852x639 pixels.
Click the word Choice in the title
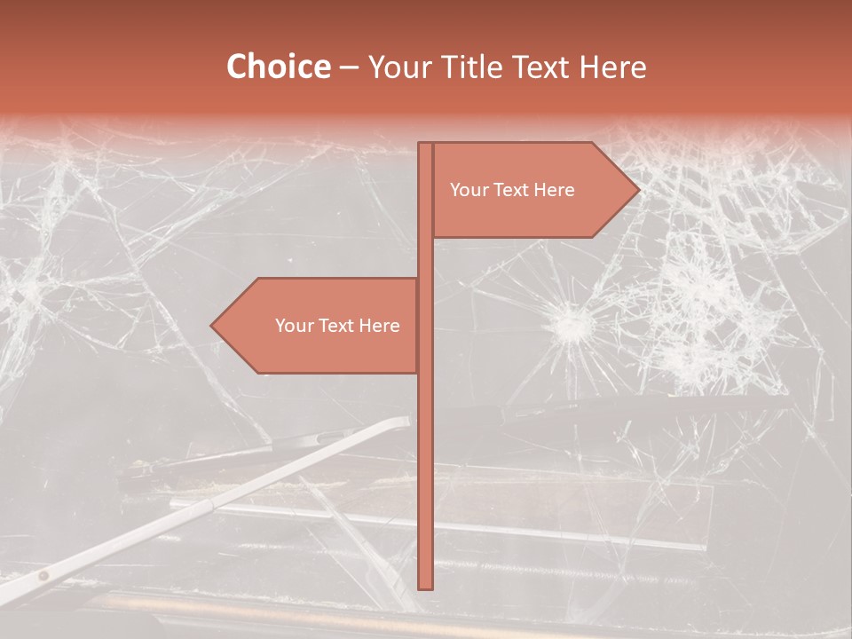pos(278,67)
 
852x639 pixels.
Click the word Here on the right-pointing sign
pos(553,190)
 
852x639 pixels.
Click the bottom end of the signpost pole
pos(425,586)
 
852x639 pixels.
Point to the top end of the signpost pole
pos(425,145)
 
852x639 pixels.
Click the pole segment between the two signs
pos(425,257)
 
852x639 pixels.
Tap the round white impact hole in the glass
pos(571,325)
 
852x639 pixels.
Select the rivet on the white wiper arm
pos(42,576)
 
